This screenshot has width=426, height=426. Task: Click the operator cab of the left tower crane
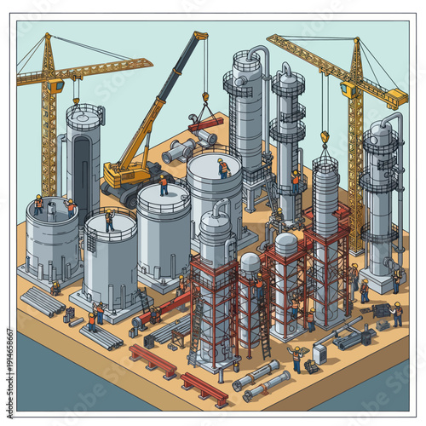(x=54, y=85)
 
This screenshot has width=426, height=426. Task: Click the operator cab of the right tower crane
(x=348, y=88)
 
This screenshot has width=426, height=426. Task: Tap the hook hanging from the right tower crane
(x=325, y=135)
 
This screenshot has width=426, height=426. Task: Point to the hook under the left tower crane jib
(x=77, y=101)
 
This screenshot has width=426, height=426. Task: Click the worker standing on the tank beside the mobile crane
(x=163, y=184)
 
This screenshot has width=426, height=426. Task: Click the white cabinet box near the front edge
(x=319, y=352)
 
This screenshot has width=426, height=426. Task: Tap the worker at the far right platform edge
(x=397, y=315)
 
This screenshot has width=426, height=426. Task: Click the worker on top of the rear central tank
(x=223, y=168)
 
